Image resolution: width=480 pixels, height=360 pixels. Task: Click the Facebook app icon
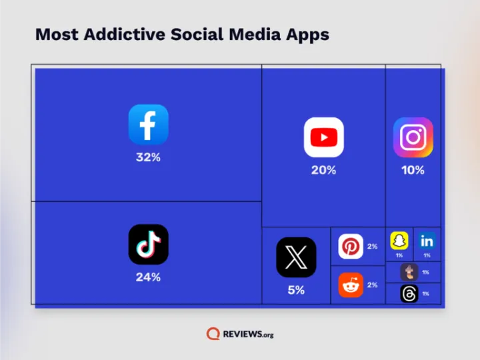coord(148,124)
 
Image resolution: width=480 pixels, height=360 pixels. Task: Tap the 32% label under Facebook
coord(148,158)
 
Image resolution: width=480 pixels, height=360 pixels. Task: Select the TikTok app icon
coord(148,244)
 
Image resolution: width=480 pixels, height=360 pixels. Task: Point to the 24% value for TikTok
coord(148,277)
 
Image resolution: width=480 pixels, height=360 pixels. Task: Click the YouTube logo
coord(323,137)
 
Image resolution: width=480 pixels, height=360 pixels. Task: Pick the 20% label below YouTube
coord(323,171)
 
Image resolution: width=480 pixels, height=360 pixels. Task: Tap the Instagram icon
coord(413,137)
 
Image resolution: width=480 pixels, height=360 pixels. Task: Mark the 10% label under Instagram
coord(413,171)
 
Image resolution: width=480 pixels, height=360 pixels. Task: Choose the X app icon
coord(296,257)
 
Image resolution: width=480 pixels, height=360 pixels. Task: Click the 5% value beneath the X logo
coord(296,291)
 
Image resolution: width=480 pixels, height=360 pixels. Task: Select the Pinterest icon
coord(351,247)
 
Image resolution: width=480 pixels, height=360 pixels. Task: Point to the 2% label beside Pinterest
coord(372,247)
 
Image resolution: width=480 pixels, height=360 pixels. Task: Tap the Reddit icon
coord(351,285)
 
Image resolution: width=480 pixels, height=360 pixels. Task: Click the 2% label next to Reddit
coord(372,285)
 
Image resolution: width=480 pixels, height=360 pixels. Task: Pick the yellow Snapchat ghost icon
coord(399,240)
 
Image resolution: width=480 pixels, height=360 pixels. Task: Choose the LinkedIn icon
coord(427,240)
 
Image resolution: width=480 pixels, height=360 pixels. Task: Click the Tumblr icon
coord(409,272)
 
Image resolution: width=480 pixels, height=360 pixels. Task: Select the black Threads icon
coord(409,293)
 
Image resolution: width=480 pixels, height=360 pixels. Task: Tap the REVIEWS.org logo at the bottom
coord(240,333)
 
